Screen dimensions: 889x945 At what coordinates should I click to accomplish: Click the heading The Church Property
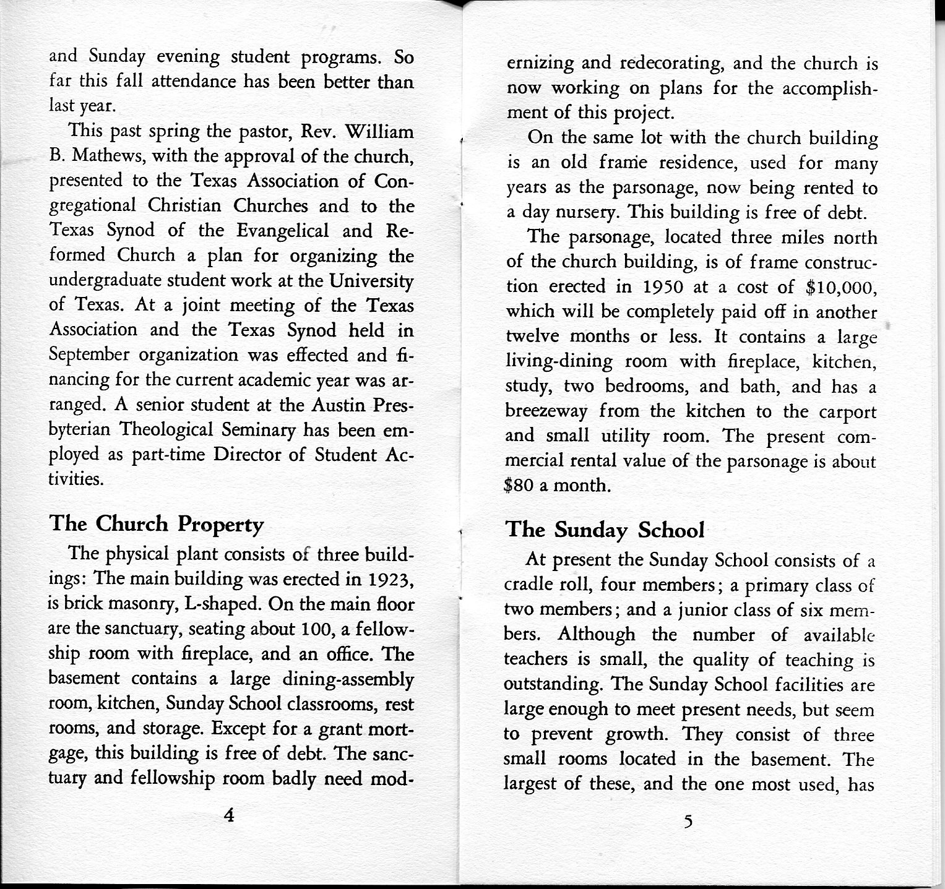(156, 524)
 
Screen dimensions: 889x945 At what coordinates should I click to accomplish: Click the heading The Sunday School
(605, 530)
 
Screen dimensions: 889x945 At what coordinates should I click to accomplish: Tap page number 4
(229, 815)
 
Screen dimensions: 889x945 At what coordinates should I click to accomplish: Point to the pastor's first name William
(379, 132)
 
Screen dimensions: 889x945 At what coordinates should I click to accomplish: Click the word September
(90, 355)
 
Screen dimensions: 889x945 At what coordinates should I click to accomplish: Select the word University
(371, 281)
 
